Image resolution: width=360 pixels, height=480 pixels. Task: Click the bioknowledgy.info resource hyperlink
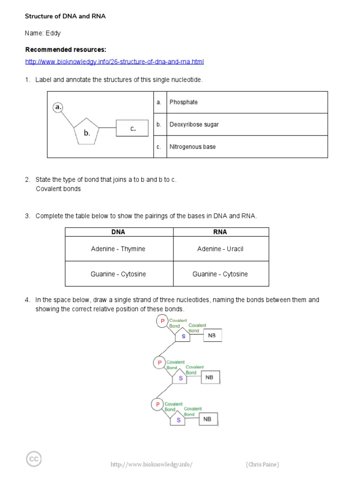[x=114, y=62]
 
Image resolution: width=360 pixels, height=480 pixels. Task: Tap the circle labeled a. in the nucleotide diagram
[x=58, y=107]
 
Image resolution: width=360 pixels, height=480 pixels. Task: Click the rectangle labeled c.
[x=133, y=128]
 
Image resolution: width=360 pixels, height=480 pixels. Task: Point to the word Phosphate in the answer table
[x=184, y=102]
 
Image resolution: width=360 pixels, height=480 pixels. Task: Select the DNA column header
[x=118, y=232]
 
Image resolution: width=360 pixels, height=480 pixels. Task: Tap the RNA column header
[x=220, y=232]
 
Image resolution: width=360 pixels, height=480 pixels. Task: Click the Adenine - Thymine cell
[x=118, y=249]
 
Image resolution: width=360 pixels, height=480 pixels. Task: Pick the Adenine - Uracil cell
[x=220, y=249]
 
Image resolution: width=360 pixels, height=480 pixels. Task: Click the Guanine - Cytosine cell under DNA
[x=118, y=274]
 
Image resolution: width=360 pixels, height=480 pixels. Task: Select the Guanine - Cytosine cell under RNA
[x=220, y=274]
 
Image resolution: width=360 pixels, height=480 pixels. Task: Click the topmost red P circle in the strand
[x=162, y=321]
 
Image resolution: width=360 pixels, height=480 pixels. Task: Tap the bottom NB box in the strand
[x=208, y=420]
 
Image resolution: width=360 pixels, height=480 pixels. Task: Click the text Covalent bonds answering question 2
[x=58, y=189]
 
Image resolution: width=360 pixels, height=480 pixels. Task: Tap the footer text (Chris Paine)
[x=262, y=465]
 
